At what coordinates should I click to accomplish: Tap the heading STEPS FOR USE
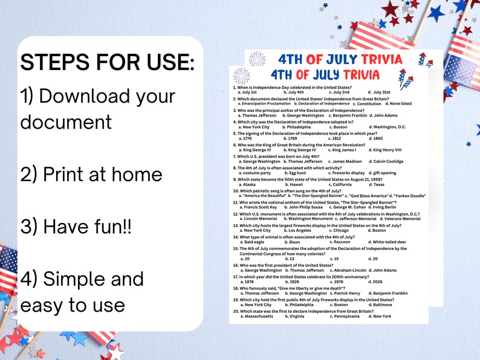(108, 62)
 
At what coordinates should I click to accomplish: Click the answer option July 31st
(379, 92)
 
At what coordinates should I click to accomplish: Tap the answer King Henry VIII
(387, 150)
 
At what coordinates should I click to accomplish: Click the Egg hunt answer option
(297, 173)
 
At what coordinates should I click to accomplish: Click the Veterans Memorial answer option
(401, 219)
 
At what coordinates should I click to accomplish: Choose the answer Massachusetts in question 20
(257, 316)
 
